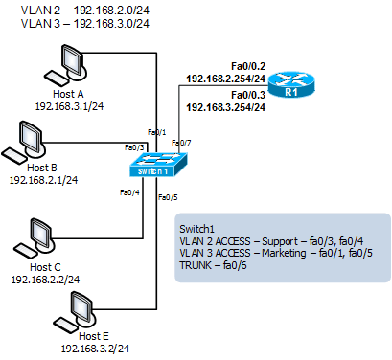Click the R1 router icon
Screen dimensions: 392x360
[x=291, y=84]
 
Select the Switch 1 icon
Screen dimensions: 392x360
[x=158, y=165]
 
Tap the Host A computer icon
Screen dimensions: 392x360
[x=66, y=64]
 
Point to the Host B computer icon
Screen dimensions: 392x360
[x=24, y=142]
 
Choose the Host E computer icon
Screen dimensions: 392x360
[x=75, y=312]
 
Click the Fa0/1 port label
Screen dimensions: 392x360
[x=156, y=132]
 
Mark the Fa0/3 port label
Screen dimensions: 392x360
[x=134, y=147]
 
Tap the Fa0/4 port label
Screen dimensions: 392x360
[x=129, y=192]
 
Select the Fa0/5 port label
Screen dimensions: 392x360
[x=168, y=197]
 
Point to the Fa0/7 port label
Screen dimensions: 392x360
[x=181, y=143]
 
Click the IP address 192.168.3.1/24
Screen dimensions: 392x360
[x=69, y=106]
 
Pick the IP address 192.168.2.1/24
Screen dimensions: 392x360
[x=43, y=180]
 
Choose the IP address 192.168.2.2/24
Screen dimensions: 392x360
[x=45, y=280]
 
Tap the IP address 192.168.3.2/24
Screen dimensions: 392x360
[x=95, y=349]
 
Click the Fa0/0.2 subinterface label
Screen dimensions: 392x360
[x=248, y=66]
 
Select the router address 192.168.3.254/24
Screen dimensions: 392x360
[x=226, y=107]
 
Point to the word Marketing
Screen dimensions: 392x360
[x=284, y=253]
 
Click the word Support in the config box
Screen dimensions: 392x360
[x=280, y=241]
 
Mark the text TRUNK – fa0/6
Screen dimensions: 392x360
[x=213, y=265]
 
